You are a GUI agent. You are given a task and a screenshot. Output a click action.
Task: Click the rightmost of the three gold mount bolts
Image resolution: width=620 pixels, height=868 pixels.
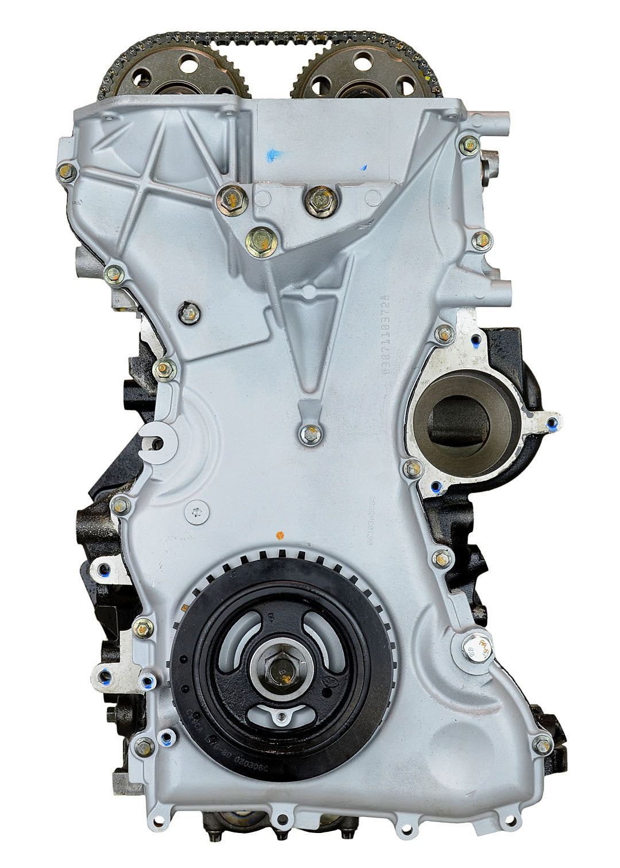click(315, 199)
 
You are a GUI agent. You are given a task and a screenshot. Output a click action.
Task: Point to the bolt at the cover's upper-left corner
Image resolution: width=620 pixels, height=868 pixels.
click(65, 154)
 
